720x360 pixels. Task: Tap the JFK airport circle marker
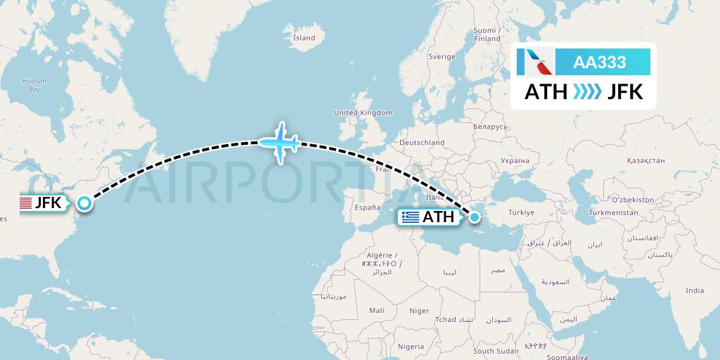[x=84, y=204]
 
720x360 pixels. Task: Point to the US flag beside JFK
[x=26, y=204]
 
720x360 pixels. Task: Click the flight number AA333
[x=600, y=62]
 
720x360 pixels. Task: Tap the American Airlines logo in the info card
[x=535, y=62]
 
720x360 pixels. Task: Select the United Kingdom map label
[x=363, y=112]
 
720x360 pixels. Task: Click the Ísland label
[x=304, y=37]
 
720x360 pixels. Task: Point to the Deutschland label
[x=422, y=142]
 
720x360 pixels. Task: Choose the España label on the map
[x=366, y=207]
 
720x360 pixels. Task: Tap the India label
[x=695, y=290]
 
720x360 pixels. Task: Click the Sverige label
[x=442, y=56]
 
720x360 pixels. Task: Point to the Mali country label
[x=376, y=310]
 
